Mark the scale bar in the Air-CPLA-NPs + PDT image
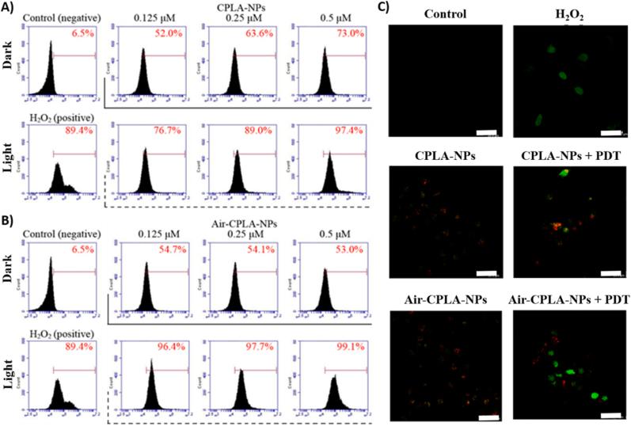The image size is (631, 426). pyautogui.click(x=610, y=414)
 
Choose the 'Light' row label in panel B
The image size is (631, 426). pyautogui.click(x=11, y=379)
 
